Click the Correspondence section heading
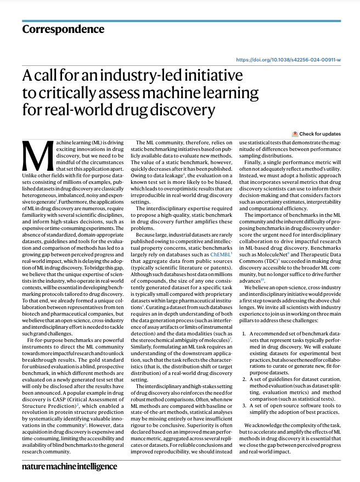tap(63, 30)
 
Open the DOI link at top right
tap(288, 59)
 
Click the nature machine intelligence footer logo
tap(70, 466)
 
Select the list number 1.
tap(244, 334)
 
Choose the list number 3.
tap(244, 405)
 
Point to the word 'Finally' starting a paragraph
tap(255, 162)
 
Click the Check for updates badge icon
tap(295, 133)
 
